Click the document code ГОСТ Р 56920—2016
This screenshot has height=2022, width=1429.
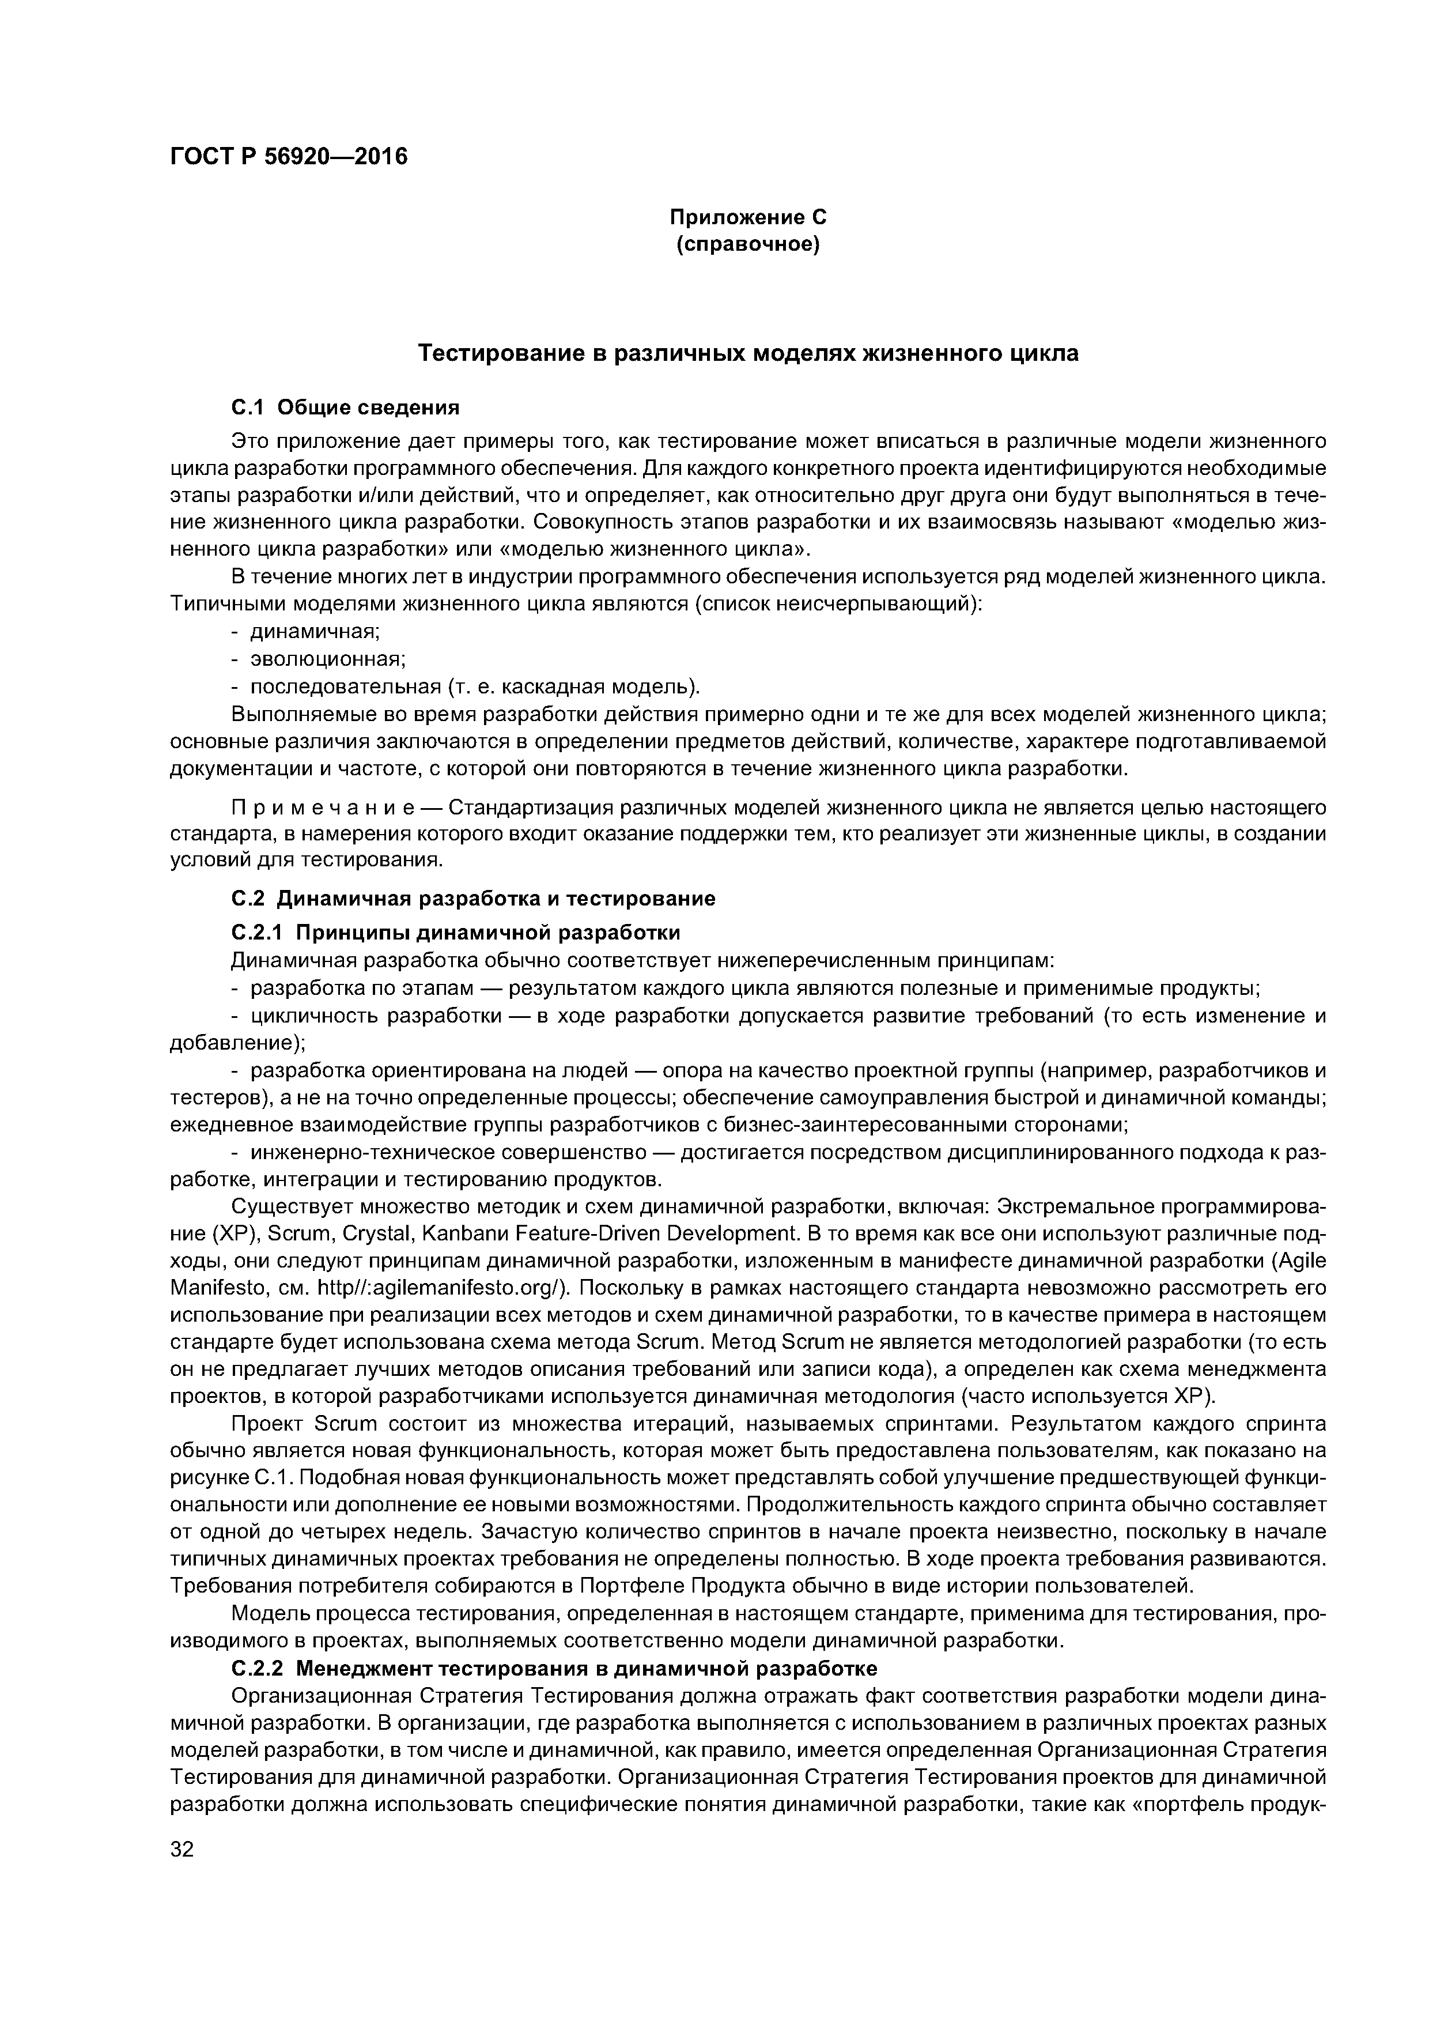(289, 157)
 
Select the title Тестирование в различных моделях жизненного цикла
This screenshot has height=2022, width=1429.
(747, 353)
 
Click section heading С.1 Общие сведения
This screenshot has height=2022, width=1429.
(345, 407)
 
